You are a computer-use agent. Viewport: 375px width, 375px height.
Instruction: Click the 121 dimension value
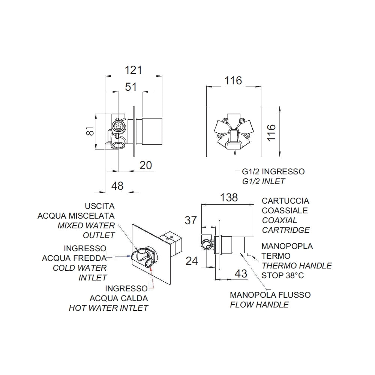tap(134, 70)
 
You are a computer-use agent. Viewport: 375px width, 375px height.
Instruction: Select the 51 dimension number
tap(131, 87)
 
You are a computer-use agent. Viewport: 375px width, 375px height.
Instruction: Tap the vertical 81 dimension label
tap(90, 131)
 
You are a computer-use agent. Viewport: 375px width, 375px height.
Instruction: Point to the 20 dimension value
tap(145, 165)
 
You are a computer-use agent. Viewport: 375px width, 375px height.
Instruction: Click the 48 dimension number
tap(117, 186)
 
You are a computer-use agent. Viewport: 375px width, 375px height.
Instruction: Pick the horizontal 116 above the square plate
tap(233, 81)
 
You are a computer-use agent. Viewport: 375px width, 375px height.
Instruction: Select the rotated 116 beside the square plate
tap(271, 133)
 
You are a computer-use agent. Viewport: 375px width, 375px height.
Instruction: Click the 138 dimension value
tap(229, 198)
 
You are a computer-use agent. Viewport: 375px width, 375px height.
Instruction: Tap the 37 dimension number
tap(190, 220)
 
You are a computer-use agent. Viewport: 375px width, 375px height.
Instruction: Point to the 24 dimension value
tap(192, 261)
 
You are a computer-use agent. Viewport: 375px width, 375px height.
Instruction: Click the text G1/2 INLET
tap(264, 181)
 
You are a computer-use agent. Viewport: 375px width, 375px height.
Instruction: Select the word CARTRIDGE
tap(286, 230)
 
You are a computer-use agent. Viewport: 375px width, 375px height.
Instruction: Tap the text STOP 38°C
tap(283, 276)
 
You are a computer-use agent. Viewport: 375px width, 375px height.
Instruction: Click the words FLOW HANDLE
tap(259, 304)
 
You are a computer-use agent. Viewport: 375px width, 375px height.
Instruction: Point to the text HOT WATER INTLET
tap(109, 308)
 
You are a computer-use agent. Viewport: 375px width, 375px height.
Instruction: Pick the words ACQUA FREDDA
tap(74, 258)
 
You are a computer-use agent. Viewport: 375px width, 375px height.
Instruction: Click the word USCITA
tap(100, 206)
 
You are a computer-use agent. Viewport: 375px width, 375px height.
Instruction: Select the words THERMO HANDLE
tap(297, 266)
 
